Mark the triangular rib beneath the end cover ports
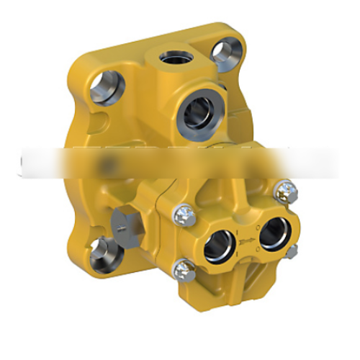click(248, 277)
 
